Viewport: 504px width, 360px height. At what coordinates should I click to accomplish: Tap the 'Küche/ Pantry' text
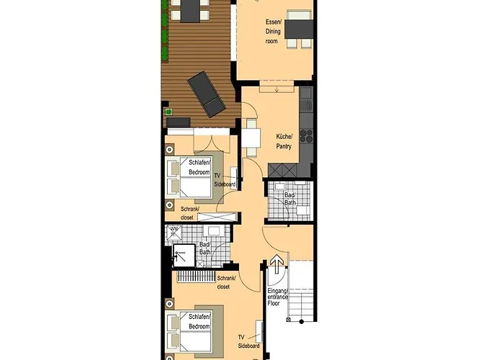284,141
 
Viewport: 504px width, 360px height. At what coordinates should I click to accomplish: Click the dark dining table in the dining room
299,29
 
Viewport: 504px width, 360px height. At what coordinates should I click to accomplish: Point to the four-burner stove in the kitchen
306,136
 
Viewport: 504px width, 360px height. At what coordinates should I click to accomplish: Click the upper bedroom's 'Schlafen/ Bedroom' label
199,168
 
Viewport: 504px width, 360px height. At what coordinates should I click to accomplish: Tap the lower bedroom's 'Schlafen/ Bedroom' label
199,321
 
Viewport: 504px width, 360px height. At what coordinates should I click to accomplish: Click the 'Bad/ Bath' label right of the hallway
289,199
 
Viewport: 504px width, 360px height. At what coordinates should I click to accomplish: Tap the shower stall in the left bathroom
184,254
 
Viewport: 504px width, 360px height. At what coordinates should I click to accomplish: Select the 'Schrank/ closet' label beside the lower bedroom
227,281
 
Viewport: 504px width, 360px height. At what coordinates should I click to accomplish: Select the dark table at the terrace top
189,10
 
